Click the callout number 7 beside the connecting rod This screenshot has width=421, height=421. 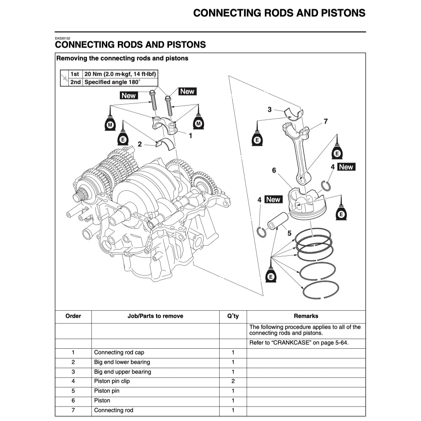[325, 122]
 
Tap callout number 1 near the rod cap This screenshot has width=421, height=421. [190, 136]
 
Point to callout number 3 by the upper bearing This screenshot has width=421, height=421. [269, 110]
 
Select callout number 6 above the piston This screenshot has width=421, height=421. [274, 170]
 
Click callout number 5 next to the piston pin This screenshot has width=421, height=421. [289, 233]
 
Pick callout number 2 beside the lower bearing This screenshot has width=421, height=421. [140, 144]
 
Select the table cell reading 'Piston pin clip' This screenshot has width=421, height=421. [112, 381]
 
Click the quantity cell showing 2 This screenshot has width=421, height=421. [233, 381]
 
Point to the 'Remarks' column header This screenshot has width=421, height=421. [306, 316]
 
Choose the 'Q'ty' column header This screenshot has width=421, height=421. [233, 316]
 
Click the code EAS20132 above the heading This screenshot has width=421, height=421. [63, 38]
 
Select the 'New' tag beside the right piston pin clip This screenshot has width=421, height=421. [346, 167]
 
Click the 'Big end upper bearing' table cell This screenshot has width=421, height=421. [122, 372]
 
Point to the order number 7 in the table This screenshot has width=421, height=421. [73, 410]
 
